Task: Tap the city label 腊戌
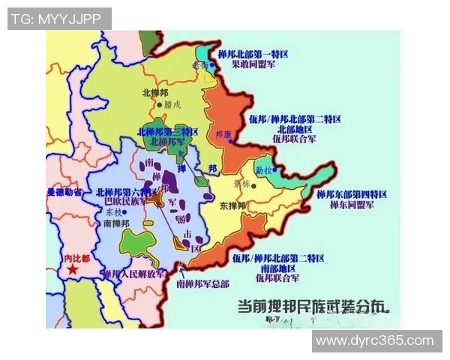click(172, 105)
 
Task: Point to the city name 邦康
click(223, 136)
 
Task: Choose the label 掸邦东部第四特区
click(352, 193)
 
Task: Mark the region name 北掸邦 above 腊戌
click(156, 92)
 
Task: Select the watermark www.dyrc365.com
click(375, 340)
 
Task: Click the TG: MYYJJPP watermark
click(58, 19)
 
